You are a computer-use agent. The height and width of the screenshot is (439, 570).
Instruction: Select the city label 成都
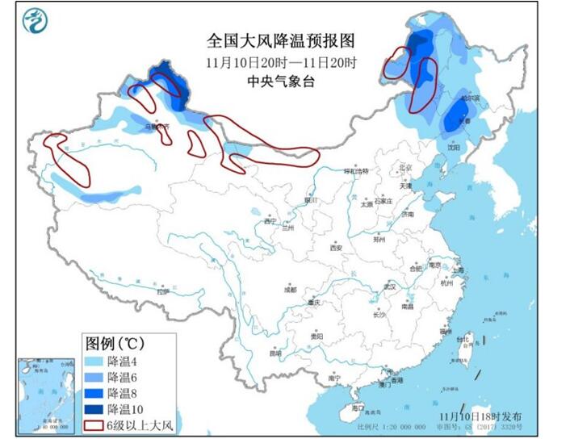[289, 289]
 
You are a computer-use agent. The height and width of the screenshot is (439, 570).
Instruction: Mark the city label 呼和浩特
[356, 171]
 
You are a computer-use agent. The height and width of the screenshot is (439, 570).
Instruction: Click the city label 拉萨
[163, 292]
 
